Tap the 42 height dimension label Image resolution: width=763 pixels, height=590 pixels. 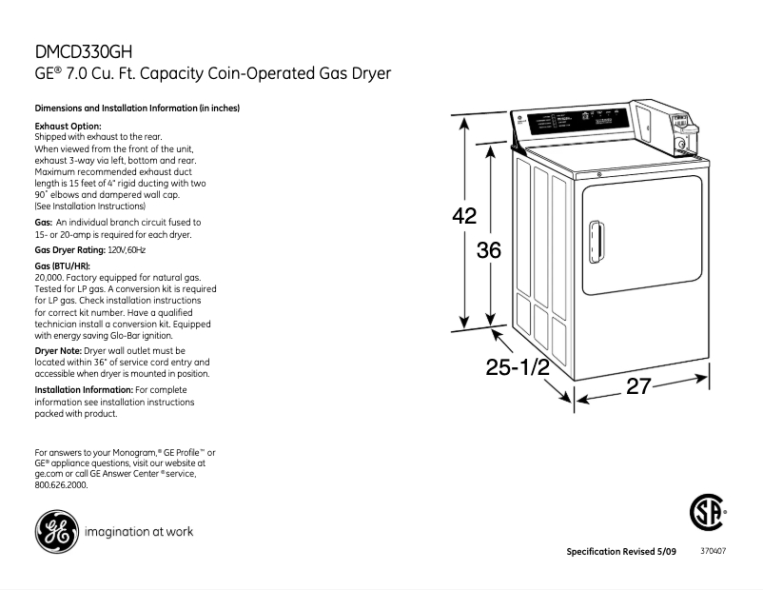click(x=463, y=216)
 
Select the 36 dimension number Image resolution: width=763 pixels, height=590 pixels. click(x=488, y=250)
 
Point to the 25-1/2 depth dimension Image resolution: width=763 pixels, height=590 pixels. click(x=518, y=368)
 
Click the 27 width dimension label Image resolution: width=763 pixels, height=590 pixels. click(x=638, y=387)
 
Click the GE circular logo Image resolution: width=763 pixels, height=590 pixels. click(x=56, y=532)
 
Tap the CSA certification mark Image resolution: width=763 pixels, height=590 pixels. click(x=706, y=515)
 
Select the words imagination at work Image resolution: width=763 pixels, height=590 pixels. click(x=139, y=532)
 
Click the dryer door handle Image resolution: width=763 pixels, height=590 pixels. click(x=597, y=242)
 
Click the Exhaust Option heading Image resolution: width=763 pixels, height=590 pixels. click(x=68, y=126)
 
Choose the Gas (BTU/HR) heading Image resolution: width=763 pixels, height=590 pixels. click(x=63, y=265)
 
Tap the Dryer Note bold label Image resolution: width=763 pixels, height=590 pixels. click(x=58, y=351)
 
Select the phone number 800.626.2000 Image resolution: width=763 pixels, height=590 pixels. click(x=61, y=484)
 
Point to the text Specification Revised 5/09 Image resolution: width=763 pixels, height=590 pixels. click(x=620, y=552)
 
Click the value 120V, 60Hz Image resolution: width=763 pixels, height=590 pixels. click(x=126, y=249)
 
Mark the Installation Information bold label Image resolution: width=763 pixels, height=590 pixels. click(x=84, y=390)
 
